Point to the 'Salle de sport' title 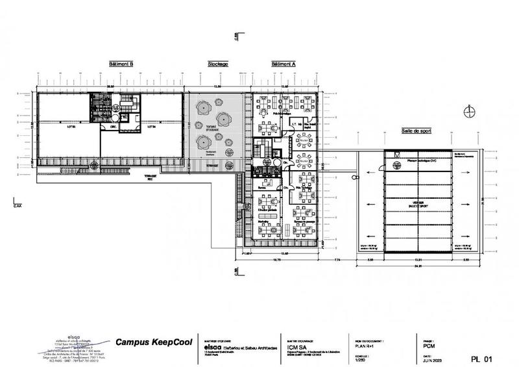click(416, 131)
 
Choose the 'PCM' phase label click(429, 346)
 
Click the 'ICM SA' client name click(296, 346)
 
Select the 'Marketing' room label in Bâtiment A click(263, 221)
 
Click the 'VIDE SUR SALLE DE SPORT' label click(417, 205)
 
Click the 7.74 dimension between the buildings click(337, 259)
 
